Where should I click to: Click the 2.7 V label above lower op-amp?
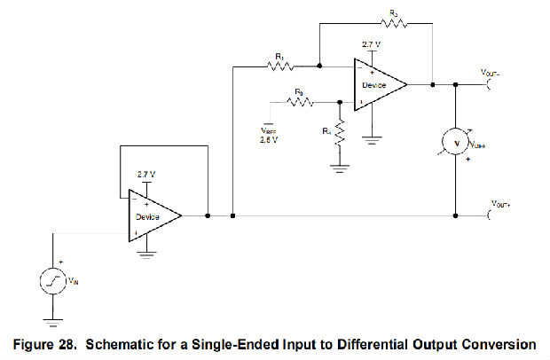[146, 174]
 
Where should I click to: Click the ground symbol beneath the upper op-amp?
[378, 139]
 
